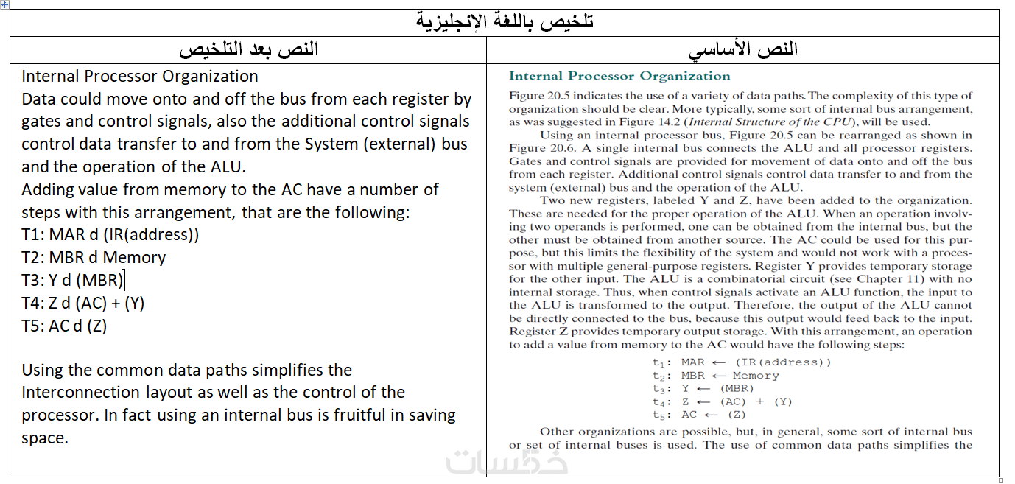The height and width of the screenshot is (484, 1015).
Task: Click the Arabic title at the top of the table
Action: [505, 22]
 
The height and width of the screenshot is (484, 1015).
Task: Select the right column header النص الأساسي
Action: [742, 49]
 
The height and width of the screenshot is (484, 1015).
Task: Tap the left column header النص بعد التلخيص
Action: [248, 49]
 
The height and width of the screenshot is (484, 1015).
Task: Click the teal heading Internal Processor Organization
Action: [619, 76]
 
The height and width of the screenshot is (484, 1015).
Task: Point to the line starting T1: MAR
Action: [110, 235]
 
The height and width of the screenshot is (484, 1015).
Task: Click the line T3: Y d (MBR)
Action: [73, 280]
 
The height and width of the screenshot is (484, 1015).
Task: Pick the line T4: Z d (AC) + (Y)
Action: [82, 303]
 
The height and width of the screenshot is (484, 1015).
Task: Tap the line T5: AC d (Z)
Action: [64, 326]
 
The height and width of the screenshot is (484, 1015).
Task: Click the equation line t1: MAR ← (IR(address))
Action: [741, 362]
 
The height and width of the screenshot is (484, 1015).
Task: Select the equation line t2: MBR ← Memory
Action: [715, 375]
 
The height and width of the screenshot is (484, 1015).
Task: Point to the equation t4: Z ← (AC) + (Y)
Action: [722, 401]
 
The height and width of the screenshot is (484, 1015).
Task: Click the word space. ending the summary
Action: [44, 438]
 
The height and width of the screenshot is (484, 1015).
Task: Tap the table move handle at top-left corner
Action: [5, 4]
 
